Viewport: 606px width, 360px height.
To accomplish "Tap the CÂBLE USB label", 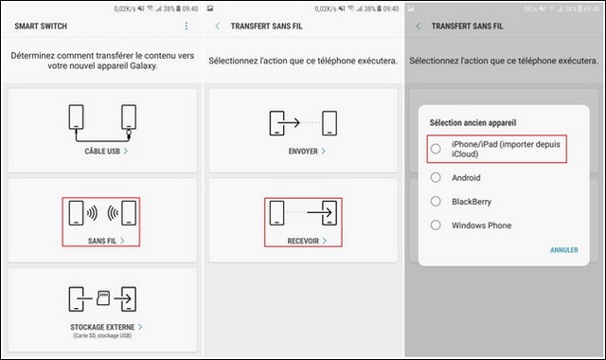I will pos(98,151).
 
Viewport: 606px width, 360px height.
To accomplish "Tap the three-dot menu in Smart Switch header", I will pos(186,27).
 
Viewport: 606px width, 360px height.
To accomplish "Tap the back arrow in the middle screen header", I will pos(219,27).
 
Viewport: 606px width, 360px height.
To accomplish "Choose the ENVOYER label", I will pos(301,151).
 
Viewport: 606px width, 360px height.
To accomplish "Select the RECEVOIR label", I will pos(301,241).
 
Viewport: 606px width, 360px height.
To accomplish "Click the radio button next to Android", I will pos(435,177).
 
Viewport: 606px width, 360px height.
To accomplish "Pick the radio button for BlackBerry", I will pos(435,201).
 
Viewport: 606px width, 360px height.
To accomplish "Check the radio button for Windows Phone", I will pos(435,225).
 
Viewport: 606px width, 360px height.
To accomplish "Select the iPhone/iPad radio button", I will pos(435,148).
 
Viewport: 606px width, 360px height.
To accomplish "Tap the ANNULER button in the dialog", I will pos(564,250).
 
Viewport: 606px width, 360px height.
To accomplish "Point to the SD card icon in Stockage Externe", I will pos(101,297).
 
